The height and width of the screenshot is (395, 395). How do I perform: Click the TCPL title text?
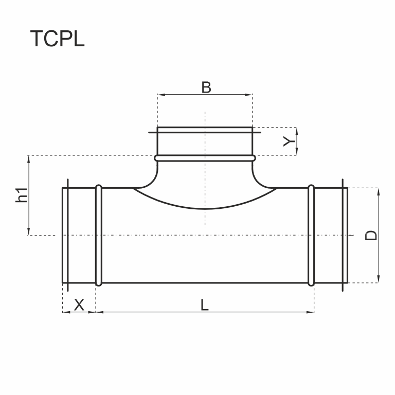pos(57,39)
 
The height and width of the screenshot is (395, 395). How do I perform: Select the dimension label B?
pos(206,87)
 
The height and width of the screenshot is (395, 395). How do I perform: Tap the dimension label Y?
pos(290,141)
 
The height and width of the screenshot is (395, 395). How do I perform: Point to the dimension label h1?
pos(21,195)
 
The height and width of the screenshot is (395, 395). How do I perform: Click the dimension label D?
pos(371,235)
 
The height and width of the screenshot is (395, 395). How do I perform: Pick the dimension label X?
pos(79,305)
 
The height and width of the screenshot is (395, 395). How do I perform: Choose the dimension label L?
pos(205,305)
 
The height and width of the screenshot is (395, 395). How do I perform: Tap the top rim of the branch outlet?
pos(205,127)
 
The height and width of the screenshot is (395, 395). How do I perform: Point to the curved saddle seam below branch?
pos(205,208)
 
